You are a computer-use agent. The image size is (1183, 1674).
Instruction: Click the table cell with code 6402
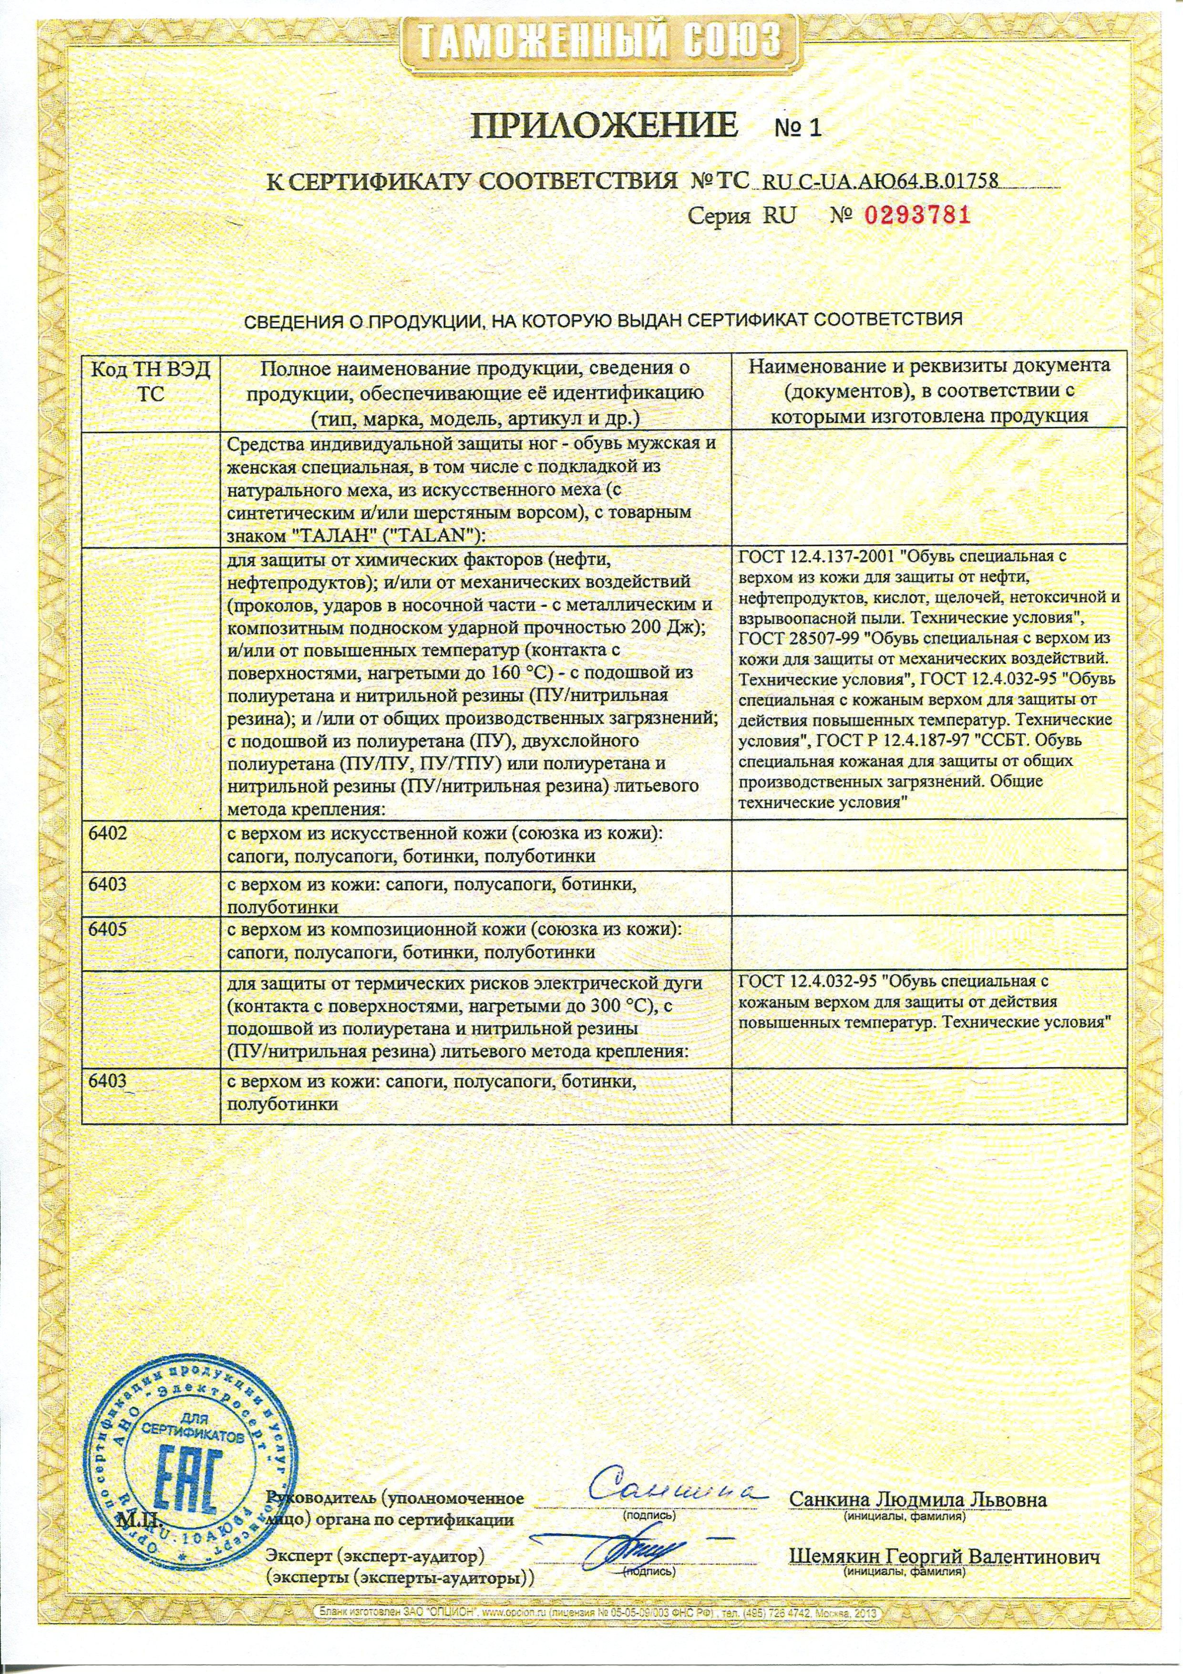pyautogui.click(x=107, y=832)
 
